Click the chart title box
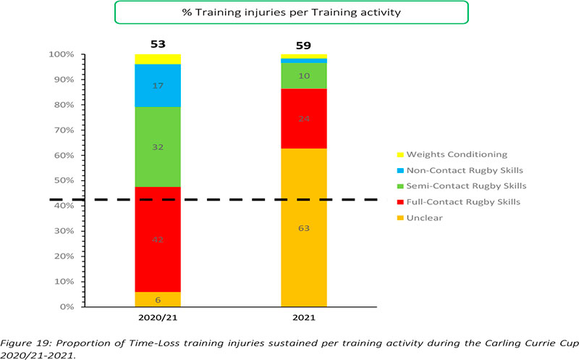[289, 12]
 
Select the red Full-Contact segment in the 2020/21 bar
[158, 239]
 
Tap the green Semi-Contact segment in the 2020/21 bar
[158, 147]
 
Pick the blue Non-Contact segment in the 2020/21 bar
[158, 85]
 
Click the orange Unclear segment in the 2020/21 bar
[158, 299]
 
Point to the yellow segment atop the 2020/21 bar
[158, 59]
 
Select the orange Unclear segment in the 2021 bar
[303, 227]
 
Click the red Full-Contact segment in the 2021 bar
[303, 119]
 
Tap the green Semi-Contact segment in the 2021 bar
[303, 76]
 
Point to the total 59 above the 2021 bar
[303, 46]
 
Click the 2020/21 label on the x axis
[158, 319]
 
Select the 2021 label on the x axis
[303, 319]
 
